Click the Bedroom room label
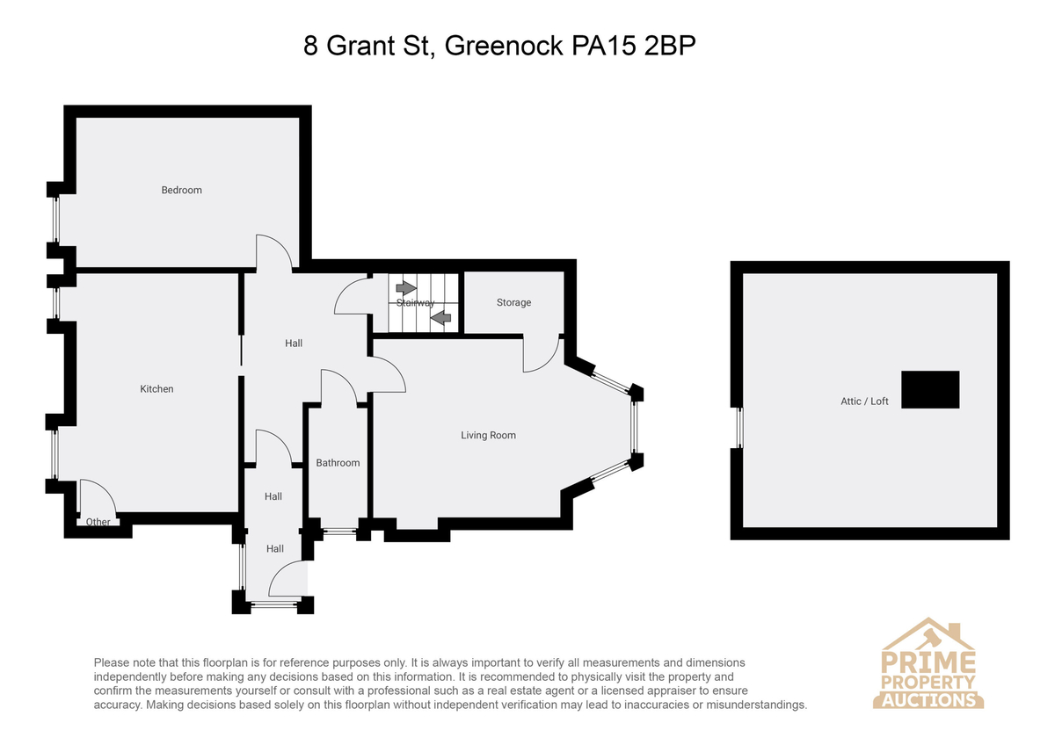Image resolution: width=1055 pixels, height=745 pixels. tap(181, 190)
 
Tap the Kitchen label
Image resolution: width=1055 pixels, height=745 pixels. tap(156, 388)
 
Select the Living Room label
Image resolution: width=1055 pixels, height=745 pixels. tap(488, 436)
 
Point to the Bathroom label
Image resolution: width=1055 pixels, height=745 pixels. tap(338, 463)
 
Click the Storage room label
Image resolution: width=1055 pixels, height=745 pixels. tap(513, 302)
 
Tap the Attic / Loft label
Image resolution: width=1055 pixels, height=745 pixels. tap(864, 401)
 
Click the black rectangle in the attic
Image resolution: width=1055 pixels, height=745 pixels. tap(930, 389)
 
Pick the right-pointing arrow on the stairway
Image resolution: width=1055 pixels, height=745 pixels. tap(406, 287)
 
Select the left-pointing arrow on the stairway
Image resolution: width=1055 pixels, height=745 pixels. tap(440, 318)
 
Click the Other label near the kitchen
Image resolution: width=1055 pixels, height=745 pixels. tap(98, 522)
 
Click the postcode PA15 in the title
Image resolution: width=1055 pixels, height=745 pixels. tap(604, 46)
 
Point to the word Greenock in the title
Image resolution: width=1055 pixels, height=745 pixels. tap(504, 46)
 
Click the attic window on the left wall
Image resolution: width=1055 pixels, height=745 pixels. tap(739, 428)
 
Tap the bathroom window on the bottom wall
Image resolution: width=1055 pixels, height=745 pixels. tap(339, 532)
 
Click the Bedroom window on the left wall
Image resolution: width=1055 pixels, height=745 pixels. tap(56, 220)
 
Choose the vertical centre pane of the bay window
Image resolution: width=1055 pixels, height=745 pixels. tap(634, 427)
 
